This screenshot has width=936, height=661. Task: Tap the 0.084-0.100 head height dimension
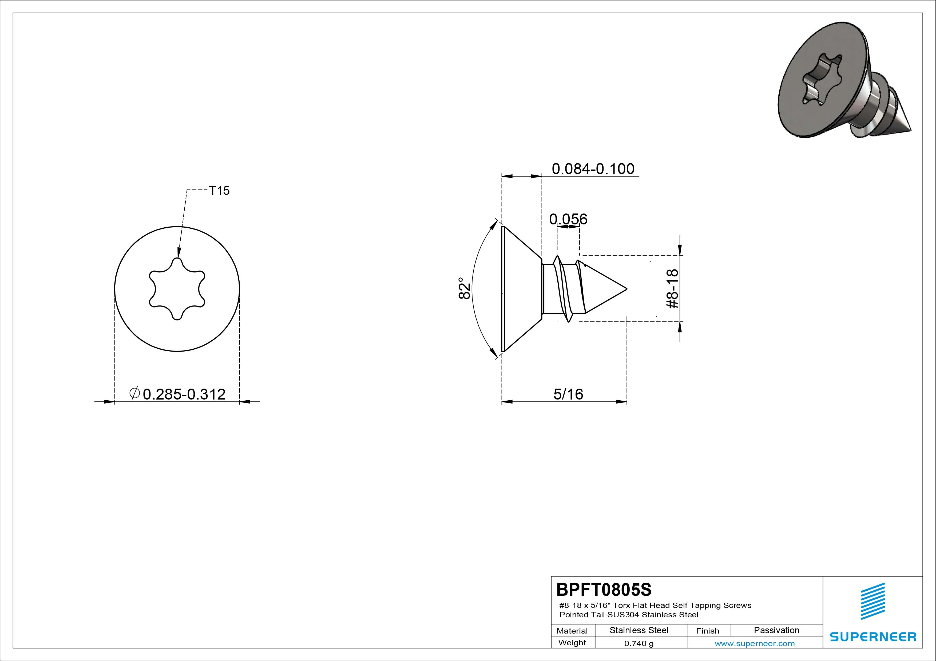[x=593, y=169]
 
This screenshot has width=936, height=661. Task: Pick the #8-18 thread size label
[x=672, y=289]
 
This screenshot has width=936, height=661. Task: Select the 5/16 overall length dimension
[x=568, y=394]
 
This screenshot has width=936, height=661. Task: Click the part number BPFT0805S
[x=604, y=589]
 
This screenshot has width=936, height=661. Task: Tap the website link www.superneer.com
[x=755, y=643]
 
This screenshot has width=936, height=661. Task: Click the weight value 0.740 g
[x=639, y=643]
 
